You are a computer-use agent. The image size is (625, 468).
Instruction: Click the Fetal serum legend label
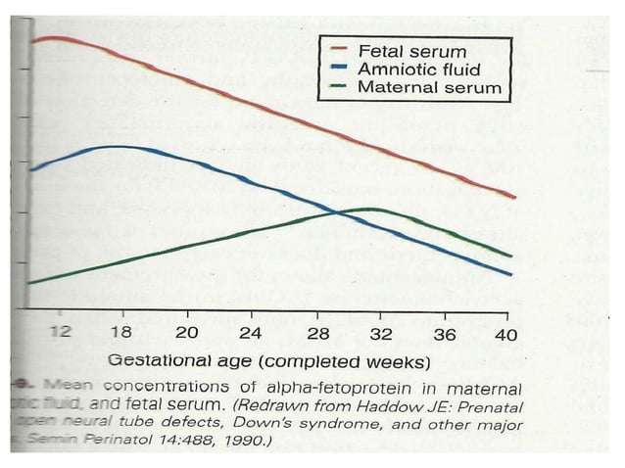(x=412, y=49)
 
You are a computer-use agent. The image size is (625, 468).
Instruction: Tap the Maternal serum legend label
(x=429, y=88)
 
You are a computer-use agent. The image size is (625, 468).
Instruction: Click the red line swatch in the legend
(x=341, y=49)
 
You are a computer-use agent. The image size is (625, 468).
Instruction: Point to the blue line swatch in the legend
(x=341, y=69)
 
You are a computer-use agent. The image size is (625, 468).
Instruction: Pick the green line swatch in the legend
(x=341, y=88)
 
